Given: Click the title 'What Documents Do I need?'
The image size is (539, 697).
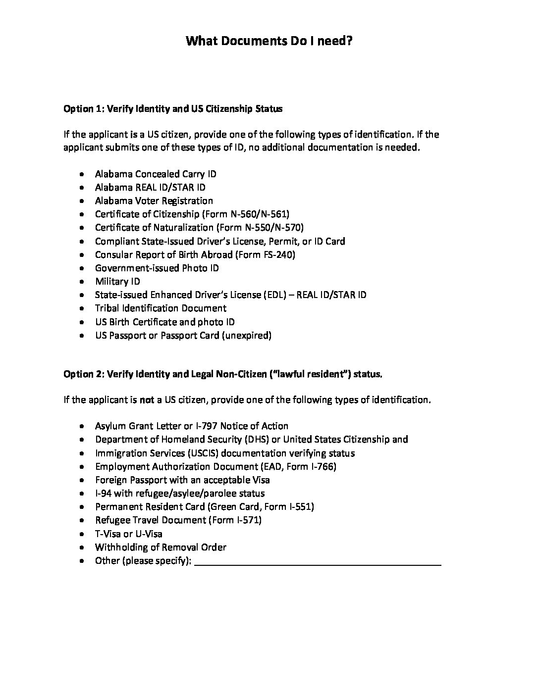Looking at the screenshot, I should (269, 41).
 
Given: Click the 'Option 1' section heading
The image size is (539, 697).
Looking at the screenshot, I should (173, 109).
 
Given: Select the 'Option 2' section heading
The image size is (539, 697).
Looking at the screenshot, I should (222, 374).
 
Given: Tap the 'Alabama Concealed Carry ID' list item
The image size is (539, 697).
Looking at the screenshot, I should (156, 174).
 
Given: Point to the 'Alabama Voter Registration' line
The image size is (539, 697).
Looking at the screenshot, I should (154, 201).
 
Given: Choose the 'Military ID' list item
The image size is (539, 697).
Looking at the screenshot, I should (117, 282).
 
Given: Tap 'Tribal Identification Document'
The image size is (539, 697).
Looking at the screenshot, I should (161, 308).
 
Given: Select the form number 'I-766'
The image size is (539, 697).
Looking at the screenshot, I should (321, 467).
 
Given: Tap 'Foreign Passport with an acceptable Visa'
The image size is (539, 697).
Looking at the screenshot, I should (182, 480).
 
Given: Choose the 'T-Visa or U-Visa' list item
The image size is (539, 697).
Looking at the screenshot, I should (128, 534).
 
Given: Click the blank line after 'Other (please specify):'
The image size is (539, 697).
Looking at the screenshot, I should (318, 561).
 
